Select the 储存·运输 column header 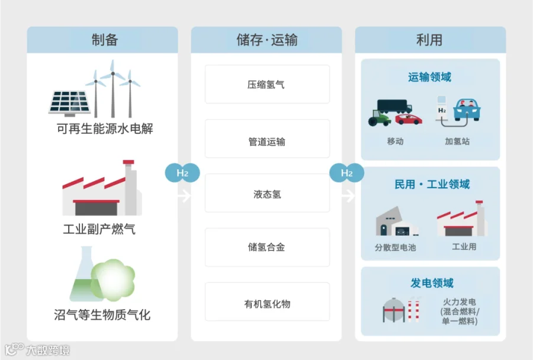click(266, 40)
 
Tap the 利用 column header click(430, 40)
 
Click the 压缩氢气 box click(266, 85)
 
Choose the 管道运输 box click(266, 142)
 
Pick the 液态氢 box click(266, 194)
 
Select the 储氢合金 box click(266, 247)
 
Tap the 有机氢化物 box click(266, 304)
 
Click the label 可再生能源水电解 click(104, 128)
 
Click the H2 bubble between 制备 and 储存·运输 click(182, 173)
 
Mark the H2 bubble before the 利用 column click(347, 173)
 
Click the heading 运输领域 click(430, 78)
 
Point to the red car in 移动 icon click(409, 118)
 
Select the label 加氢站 click(457, 142)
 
